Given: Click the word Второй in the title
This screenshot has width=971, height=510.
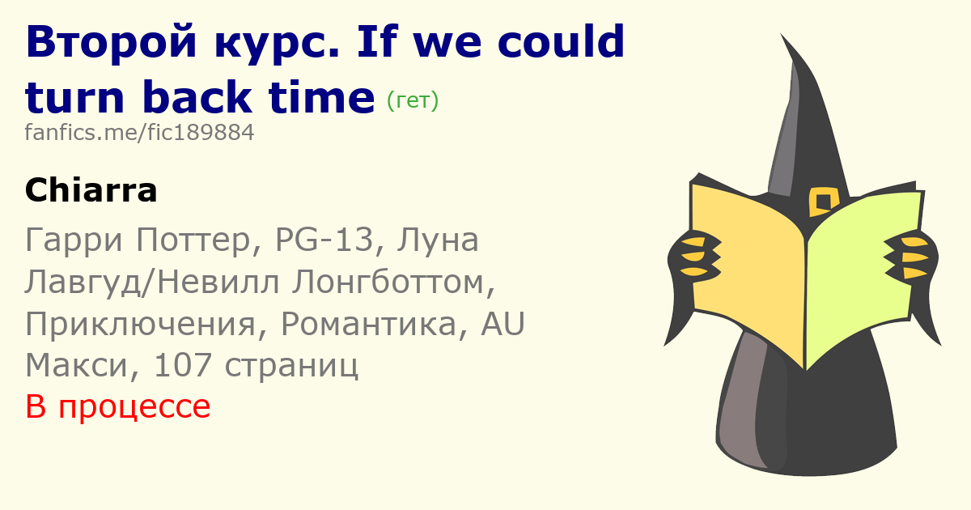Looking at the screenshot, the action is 112,42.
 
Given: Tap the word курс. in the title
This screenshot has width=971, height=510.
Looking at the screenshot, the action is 277,42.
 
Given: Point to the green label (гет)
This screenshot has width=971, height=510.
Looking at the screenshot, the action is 412,100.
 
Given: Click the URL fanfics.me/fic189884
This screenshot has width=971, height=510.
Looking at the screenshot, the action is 139,132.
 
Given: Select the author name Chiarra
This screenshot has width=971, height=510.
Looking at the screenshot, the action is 91,190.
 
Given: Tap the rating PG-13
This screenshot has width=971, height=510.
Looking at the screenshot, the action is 324,240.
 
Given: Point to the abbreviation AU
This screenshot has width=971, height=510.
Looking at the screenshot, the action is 502,324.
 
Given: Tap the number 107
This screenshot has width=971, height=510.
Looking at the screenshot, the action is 183,365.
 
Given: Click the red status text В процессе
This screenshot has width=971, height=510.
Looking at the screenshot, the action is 118,406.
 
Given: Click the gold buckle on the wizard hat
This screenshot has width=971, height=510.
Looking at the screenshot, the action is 823,202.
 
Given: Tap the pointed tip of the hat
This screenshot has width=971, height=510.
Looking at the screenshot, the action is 781,34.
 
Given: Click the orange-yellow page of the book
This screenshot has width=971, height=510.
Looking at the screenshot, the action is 748,269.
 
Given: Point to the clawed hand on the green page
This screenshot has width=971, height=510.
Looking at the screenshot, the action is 911,257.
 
